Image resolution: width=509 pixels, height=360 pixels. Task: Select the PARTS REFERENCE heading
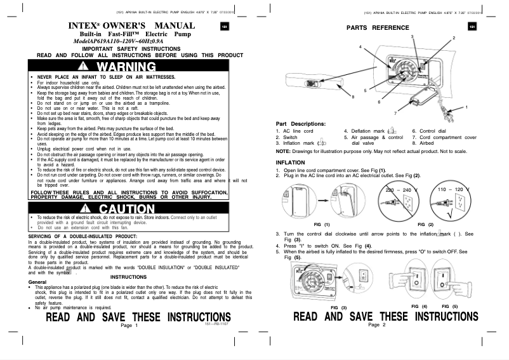pyautogui.click(x=373, y=28)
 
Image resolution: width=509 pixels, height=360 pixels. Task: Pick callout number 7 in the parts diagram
pyautogui.click(x=395, y=112)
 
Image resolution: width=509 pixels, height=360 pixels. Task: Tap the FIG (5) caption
pyautogui.click(x=449, y=307)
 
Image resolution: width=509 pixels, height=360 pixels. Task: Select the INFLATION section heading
pyautogui.click(x=293, y=163)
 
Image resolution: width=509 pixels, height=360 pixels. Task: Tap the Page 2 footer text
pyautogui.click(x=376, y=325)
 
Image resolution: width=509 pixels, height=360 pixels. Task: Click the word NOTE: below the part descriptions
pyautogui.click(x=284, y=151)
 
